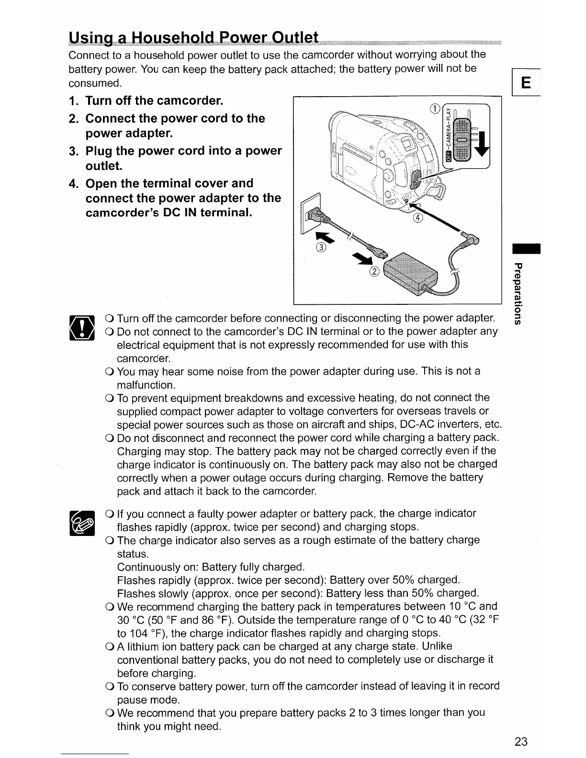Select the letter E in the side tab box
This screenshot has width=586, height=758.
pos(525,84)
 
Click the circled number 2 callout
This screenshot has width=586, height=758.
pos(374,272)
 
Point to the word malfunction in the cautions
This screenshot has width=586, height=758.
pos(146,385)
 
